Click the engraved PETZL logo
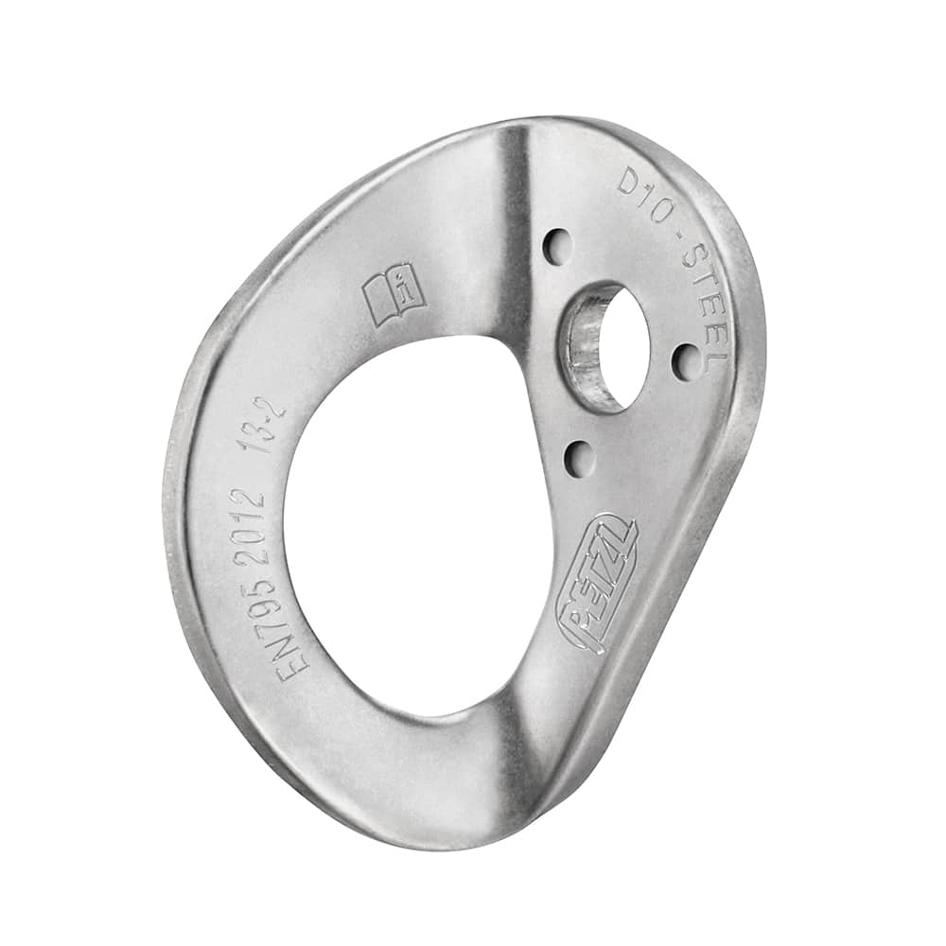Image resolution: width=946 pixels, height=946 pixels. click(x=598, y=584)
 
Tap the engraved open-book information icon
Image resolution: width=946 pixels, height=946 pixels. click(x=394, y=293)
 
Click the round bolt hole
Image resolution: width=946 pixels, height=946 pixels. click(x=615, y=345)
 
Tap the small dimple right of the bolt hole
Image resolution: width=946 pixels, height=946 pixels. click(x=686, y=361)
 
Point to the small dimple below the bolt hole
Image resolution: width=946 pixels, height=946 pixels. click(x=579, y=459)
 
